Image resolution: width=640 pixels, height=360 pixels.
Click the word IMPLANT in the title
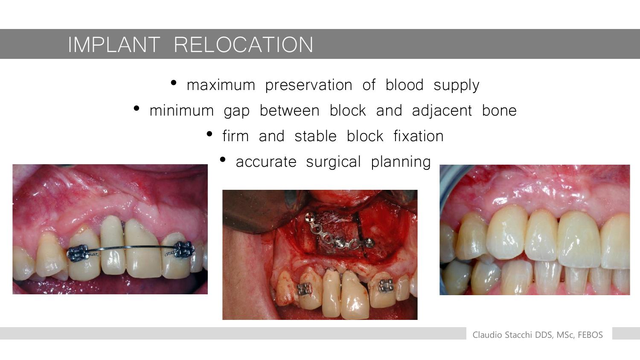pyautogui.click(x=114, y=44)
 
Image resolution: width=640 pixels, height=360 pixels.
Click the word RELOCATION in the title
pyautogui.click(x=244, y=44)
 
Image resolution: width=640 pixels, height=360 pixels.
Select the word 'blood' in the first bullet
pyautogui.click(x=404, y=84)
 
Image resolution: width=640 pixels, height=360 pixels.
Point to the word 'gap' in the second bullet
pyautogui.click(x=236, y=111)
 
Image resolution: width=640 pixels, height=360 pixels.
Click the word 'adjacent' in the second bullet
pyautogui.click(x=442, y=110)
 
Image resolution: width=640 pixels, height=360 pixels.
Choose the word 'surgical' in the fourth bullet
pyautogui.click(x=333, y=162)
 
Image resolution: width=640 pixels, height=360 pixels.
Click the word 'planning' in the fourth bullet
pyautogui.click(x=401, y=162)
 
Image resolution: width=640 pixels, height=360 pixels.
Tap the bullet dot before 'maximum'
pyautogui.click(x=173, y=83)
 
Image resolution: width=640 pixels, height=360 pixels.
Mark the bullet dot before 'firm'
pyautogui.click(x=209, y=134)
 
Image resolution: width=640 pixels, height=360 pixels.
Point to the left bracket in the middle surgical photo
pyautogui.click(x=304, y=289)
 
